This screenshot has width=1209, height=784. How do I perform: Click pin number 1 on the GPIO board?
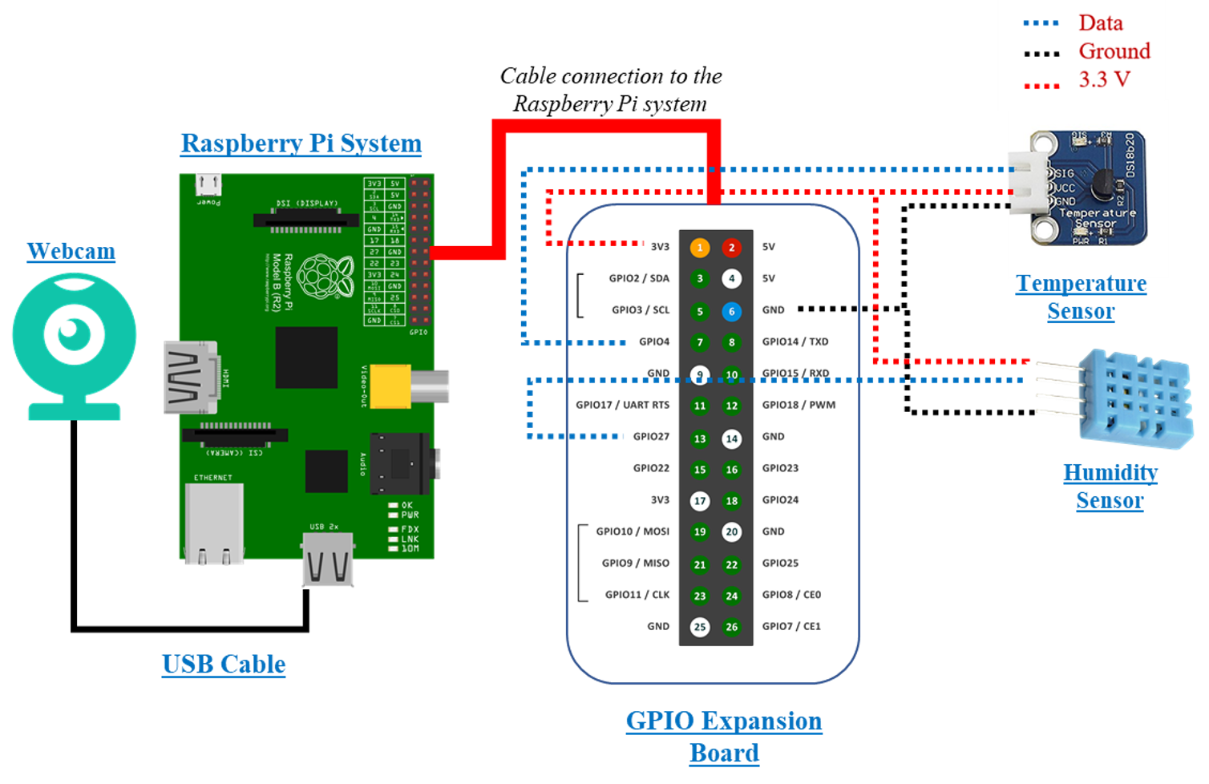700,247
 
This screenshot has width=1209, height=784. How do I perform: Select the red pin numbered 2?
731,247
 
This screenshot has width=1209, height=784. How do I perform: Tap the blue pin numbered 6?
731,311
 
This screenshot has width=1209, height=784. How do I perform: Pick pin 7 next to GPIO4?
700,342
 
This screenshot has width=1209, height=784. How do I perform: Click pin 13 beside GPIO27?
700,438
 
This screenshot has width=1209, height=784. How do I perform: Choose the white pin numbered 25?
700,627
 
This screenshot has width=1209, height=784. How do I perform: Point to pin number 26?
731,627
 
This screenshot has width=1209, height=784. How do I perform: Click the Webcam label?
71,252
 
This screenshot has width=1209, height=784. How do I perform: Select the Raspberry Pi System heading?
301,143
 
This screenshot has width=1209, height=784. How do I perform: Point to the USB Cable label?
224,665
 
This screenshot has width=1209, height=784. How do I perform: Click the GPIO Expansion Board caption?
724,736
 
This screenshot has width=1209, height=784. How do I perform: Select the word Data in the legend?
1100,22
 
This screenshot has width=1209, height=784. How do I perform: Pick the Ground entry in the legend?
1114,51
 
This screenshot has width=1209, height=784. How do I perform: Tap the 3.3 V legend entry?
1104,79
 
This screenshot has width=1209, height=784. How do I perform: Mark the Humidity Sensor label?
1110,486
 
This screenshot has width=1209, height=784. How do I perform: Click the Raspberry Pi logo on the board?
325,275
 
